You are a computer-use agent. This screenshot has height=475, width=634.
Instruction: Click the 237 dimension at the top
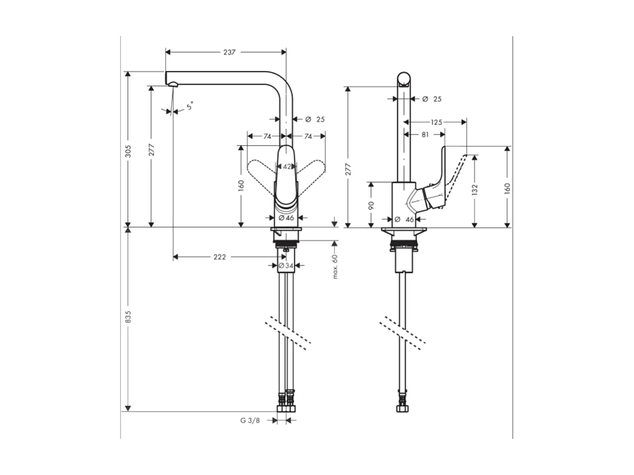229,52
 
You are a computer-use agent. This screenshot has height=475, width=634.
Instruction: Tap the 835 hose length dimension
128,316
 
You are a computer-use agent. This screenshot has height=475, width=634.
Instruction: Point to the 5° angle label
189,106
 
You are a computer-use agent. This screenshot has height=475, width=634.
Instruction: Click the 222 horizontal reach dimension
220,257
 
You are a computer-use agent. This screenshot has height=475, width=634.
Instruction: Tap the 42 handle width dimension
286,166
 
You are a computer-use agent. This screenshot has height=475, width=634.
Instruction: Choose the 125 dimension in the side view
436,122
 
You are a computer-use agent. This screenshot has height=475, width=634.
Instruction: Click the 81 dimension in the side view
425,134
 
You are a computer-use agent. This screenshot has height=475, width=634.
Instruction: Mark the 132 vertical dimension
475,189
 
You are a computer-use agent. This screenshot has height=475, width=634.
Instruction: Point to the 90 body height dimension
371,205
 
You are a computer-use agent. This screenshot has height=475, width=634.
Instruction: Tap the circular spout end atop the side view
404,79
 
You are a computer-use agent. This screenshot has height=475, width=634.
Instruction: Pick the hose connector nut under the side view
403,407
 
